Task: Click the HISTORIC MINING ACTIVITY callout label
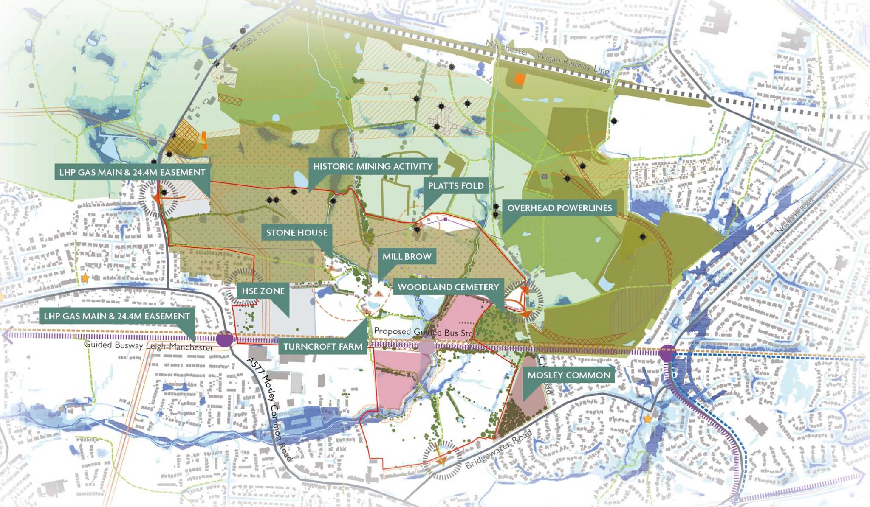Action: click(x=373, y=166)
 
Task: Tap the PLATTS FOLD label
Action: click(x=455, y=186)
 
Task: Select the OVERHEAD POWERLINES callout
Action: click(x=559, y=208)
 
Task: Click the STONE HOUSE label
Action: click(x=297, y=232)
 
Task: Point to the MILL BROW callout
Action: click(x=407, y=256)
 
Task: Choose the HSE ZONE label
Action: click(x=263, y=291)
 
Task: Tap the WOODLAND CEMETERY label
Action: click(x=448, y=287)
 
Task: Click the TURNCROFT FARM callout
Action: click(x=323, y=347)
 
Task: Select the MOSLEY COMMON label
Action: click(x=569, y=375)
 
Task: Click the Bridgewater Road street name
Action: click(x=499, y=449)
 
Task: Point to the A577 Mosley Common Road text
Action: click(x=270, y=409)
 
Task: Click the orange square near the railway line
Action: click(x=519, y=78)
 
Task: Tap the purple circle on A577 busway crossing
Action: click(x=225, y=339)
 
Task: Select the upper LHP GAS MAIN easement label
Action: click(x=132, y=172)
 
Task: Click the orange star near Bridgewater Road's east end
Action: click(x=647, y=419)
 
